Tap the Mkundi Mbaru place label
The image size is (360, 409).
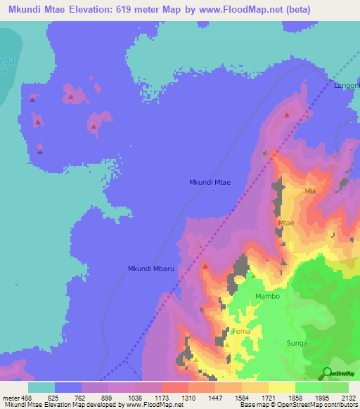pos(150,268)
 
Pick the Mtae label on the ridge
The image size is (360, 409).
pos(285,223)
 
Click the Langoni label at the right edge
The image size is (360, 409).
pos(347,86)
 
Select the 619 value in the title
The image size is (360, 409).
pos(146,9)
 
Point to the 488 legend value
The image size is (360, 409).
pos(30,398)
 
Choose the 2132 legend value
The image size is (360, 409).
pos(349,398)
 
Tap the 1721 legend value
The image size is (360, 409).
pos(269,398)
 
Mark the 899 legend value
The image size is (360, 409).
pos(109,398)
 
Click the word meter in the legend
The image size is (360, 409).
pos(12,398)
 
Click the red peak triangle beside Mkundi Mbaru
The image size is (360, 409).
pos(205,266)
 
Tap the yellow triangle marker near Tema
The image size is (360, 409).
pos(227,344)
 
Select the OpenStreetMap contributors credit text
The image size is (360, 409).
pos(324,405)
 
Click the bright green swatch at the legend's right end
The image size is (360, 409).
pos(335,387)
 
